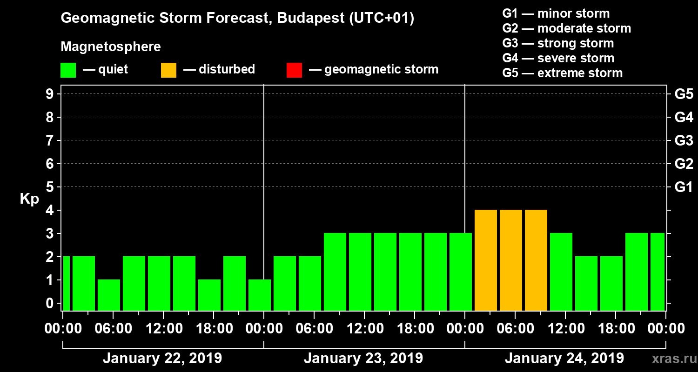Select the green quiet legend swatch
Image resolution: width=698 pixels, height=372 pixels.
click(68, 70)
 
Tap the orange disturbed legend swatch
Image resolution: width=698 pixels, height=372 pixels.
click(168, 70)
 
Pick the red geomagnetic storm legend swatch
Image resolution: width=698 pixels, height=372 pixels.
click(294, 70)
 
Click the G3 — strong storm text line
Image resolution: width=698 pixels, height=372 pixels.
click(558, 43)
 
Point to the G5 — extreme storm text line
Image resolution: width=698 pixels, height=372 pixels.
click(562, 73)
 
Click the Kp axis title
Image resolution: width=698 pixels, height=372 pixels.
click(29, 199)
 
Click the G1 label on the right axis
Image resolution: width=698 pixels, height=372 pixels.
click(684, 187)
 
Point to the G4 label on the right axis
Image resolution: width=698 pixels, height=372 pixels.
click(684, 117)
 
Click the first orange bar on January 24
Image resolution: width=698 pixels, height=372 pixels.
click(486, 259)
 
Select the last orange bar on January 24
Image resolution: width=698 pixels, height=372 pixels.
click(536, 259)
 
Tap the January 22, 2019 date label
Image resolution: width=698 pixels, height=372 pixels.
click(162, 359)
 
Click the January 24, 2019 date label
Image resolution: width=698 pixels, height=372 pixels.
click(564, 359)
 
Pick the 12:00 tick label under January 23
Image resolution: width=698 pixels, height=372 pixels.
click(364, 329)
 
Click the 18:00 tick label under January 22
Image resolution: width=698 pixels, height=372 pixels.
click(213, 329)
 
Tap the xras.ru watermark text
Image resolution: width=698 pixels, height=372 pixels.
click(671, 359)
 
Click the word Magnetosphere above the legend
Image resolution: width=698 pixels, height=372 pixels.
click(111, 47)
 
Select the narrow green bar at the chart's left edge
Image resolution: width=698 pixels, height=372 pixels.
click(67, 283)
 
